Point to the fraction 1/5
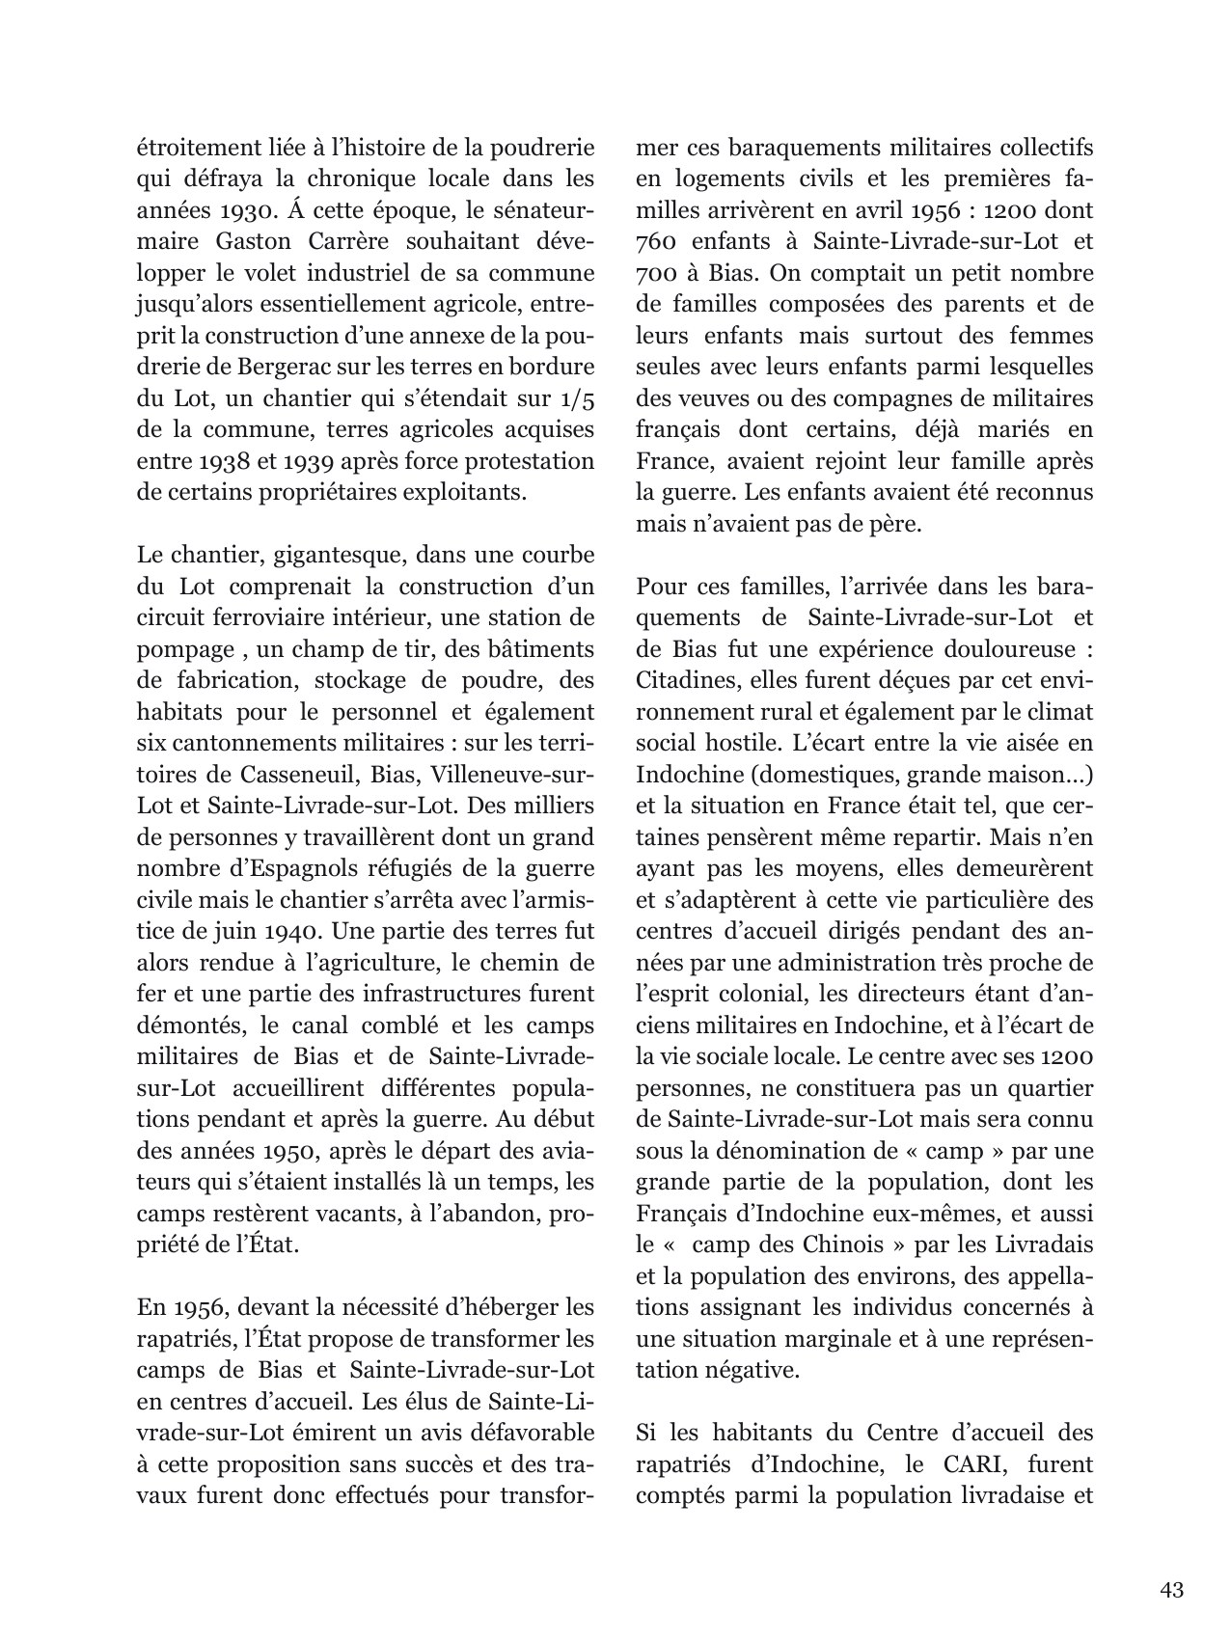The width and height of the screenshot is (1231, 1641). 576,398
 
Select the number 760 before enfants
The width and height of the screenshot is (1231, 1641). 657,241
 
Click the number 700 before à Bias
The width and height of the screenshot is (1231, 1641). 657,273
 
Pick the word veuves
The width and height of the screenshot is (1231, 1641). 704,398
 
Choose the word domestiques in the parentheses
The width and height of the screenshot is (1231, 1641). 854,774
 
